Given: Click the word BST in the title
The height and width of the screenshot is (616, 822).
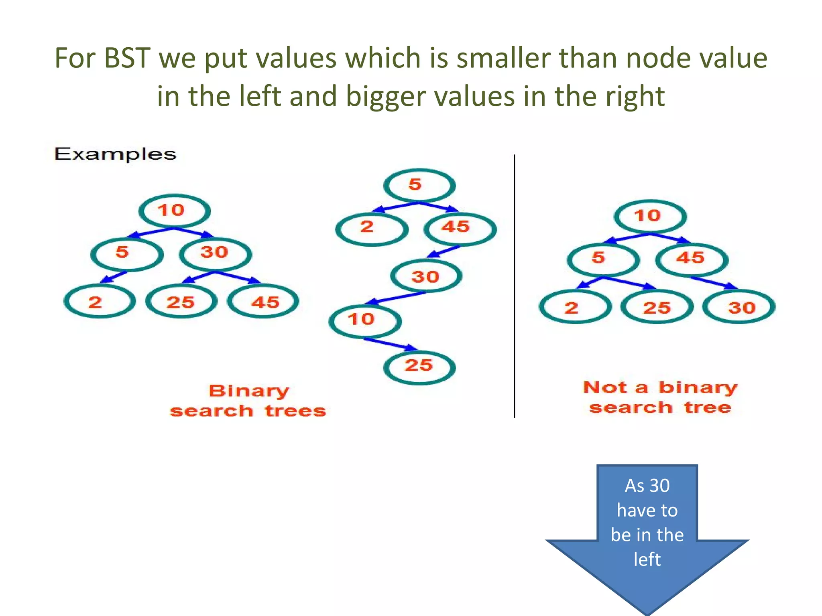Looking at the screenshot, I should pyautogui.click(x=127, y=59).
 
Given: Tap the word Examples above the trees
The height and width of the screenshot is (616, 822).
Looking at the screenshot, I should pyautogui.click(x=115, y=154).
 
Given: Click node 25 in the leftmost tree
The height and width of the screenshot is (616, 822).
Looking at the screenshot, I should pyautogui.click(x=181, y=302).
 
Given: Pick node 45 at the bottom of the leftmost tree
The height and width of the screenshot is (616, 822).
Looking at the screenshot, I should pyautogui.click(x=263, y=302).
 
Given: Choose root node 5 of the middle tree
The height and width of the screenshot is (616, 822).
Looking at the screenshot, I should pyautogui.click(x=419, y=185).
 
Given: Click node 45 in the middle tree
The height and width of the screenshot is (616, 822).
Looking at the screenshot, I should pyautogui.click(x=460, y=228).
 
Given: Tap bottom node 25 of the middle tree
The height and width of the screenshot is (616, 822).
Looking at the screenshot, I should pyautogui.click(x=419, y=366).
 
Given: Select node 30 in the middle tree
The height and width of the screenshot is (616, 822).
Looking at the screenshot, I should pyautogui.click(x=426, y=277).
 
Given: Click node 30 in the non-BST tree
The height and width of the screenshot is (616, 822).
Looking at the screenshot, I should pyautogui.click(x=739, y=308).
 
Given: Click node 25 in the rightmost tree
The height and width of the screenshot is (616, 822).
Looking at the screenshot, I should pyautogui.click(x=657, y=308).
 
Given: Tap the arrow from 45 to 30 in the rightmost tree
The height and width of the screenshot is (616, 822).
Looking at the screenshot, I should pyautogui.click(x=714, y=282).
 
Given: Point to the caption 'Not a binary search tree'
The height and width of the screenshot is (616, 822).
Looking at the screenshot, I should pyautogui.click(x=660, y=397).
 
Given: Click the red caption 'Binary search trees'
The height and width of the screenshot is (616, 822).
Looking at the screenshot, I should pyautogui.click(x=248, y=401).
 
